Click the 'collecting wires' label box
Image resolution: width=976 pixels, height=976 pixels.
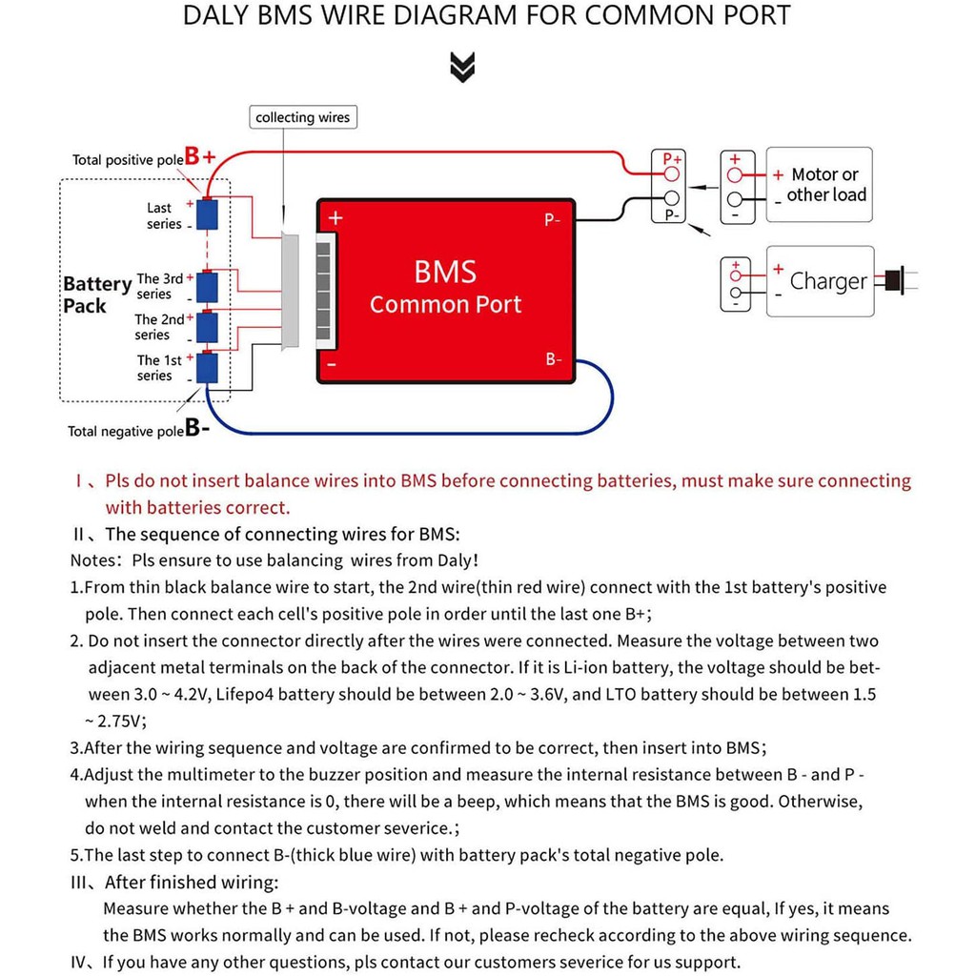point(303,117)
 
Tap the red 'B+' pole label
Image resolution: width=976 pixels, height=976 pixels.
point(200,156)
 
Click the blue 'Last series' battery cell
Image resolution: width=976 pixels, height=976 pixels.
point(207,214)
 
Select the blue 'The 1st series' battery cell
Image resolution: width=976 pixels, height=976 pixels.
point(207,367)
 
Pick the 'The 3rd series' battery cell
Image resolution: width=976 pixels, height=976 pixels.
point(207,286)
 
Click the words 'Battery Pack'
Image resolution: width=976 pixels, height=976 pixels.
point(96,295)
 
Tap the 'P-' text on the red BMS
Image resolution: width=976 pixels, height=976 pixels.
point(553,220)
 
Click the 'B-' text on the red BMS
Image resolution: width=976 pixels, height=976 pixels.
point(554,359)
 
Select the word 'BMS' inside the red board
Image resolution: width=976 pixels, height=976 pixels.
point(445,273)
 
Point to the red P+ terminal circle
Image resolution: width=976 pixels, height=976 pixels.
point(672,174)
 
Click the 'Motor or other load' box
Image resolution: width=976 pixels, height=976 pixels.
point(820,184)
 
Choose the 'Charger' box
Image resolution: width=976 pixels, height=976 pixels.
point(821,281)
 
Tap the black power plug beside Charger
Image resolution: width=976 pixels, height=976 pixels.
point(893,280)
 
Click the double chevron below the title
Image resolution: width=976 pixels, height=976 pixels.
point(462,67)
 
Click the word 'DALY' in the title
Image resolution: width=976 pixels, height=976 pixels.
point(218,16)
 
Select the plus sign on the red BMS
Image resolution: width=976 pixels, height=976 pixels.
point(335,218)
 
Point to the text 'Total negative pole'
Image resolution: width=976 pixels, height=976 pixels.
point(125,432)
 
